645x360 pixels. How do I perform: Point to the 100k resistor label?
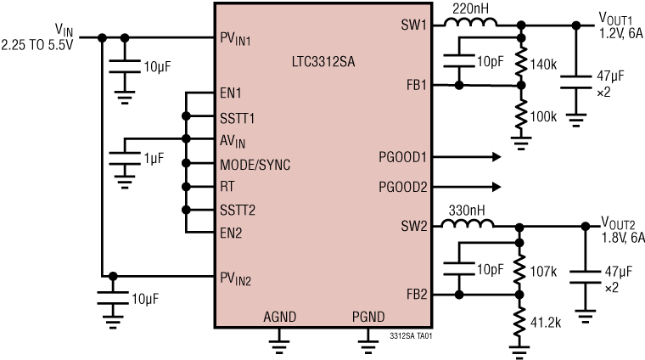(543, 115)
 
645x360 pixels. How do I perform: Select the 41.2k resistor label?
(546, 323)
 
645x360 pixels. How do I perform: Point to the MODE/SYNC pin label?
(255, 164)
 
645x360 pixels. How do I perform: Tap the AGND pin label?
(278, 317)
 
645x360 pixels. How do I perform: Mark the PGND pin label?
(368, 317)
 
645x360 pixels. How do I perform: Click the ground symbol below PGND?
(368, 343)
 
